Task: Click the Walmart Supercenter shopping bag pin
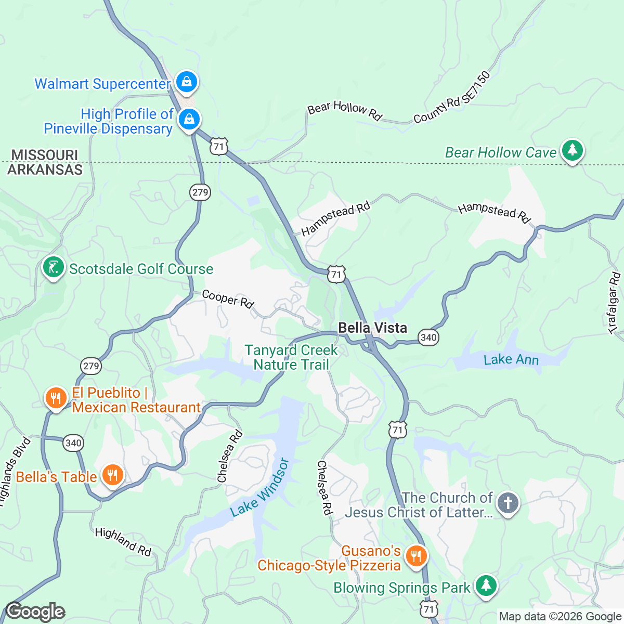pos(186,82)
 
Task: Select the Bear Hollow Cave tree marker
pos(573,150)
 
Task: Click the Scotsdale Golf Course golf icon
pos(53,268)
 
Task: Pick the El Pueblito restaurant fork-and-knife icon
pos(56,398)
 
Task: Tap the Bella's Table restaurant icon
pos(112,475)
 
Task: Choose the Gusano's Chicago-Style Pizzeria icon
pos(415,556)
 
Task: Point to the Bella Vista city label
pos(372,328)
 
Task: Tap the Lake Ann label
pos(511,360)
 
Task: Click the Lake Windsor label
pos(259,488)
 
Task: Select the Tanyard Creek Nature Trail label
pos(291,358)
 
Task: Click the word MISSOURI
pos(45,155)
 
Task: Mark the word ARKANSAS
pos(45,170)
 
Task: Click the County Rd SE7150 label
pos(452,98)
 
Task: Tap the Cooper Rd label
pos(228,298)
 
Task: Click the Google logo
pos(35,612)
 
